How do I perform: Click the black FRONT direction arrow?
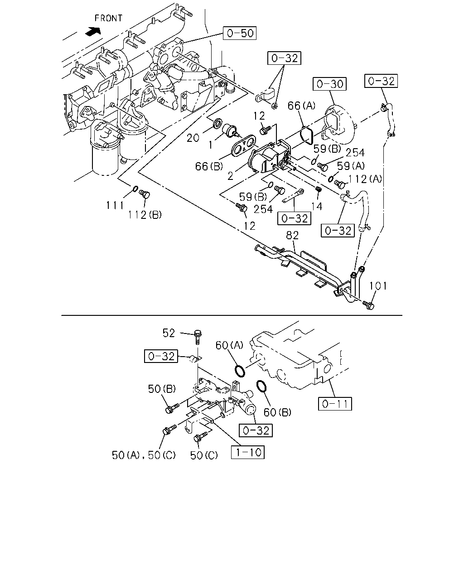[x=93, y=31]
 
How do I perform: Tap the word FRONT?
[x=108, y=18]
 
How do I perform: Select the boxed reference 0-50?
[x=239, y=33]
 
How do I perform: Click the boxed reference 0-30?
[x=329, y=84]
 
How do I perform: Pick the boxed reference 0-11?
[x=335, y=404]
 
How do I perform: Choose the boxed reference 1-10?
[x=248, y=452]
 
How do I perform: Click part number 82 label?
[x=292, y=236]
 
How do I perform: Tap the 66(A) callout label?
[x=301, y=106]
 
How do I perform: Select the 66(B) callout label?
[x=209, y=166]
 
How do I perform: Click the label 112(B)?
[x=145, y=214]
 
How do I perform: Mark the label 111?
[x=115, y=205]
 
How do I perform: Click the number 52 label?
[x=169, y=333]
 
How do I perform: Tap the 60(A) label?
[x=229, y=345]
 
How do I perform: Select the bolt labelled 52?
[x=198, y=337]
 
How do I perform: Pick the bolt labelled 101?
[x=368, y=305]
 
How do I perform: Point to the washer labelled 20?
[x=217, y=123]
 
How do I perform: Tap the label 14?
[x=317, y=206]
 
